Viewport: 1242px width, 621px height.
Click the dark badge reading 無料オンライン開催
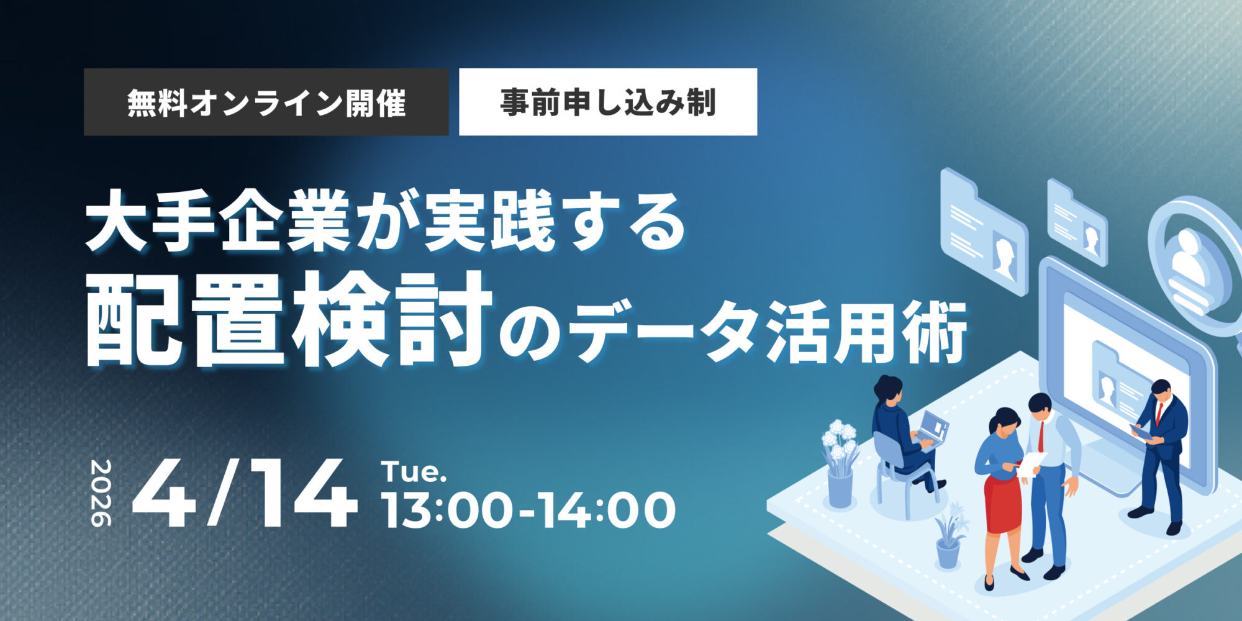coord(266,102)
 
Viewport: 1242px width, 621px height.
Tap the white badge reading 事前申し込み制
coord(607,102)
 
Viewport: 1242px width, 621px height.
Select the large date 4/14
coord(245,494)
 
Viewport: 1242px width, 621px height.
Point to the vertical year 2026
coord(101,493)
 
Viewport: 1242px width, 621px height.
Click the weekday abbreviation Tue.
coord(414,472)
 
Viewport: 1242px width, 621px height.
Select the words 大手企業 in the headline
coord(217,222)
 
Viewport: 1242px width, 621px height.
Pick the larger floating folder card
coord(984,230)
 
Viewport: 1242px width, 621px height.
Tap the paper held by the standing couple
coord(1031,463)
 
